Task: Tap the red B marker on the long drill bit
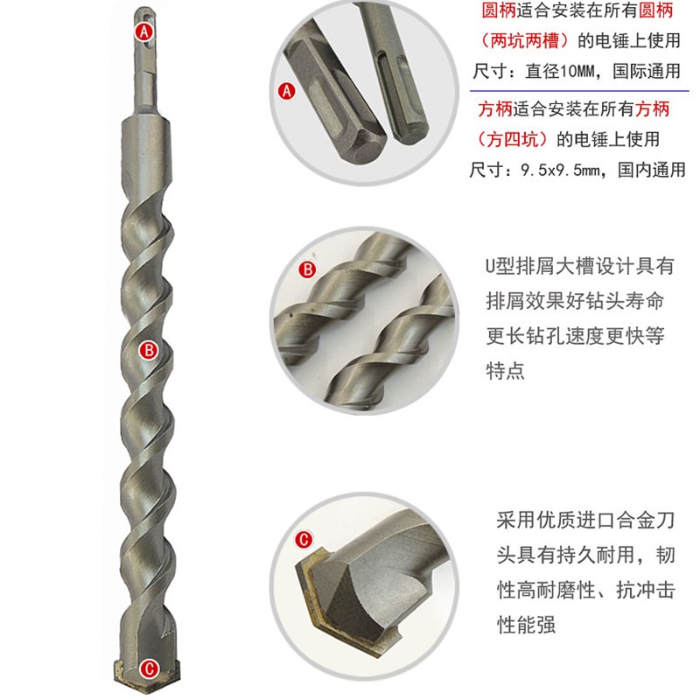pyautogui.click(x=148, y=350)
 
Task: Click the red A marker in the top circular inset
pyautogui.click(x=285, y=89)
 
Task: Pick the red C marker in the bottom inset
pyautogui.click(x=303, y=539)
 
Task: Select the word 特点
pyautogui.click(x=505, y=369)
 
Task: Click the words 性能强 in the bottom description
pyautogui.click(x=526, y=626)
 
